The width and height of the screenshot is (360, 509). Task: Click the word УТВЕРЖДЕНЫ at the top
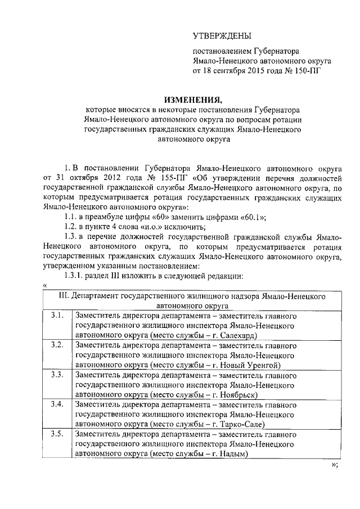coord(222,37)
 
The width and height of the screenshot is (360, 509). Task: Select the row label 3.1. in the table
coord(56,316)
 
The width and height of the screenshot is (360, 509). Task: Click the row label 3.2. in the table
coord(56,345)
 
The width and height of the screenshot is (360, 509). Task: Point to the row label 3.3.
coord(56,374)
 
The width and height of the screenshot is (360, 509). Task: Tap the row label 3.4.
coord(56,404)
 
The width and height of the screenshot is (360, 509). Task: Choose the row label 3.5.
coord(56,434)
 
